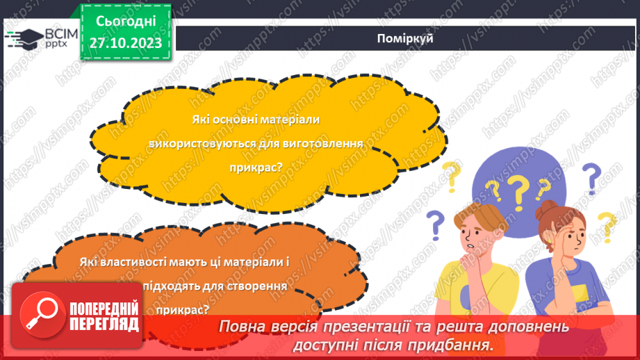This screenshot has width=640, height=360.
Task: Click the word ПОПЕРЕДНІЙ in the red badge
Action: (x=105, y=309)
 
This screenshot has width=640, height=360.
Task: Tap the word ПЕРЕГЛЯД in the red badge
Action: (x=104, y=324)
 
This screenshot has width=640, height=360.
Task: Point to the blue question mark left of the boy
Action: (x=435, y=224)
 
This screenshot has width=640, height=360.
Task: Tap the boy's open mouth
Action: (x=470, y=245)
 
